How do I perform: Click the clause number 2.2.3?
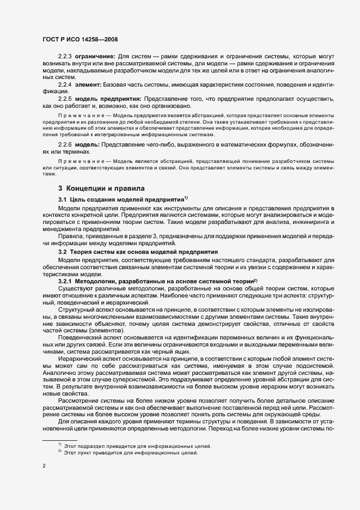[65, 56]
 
